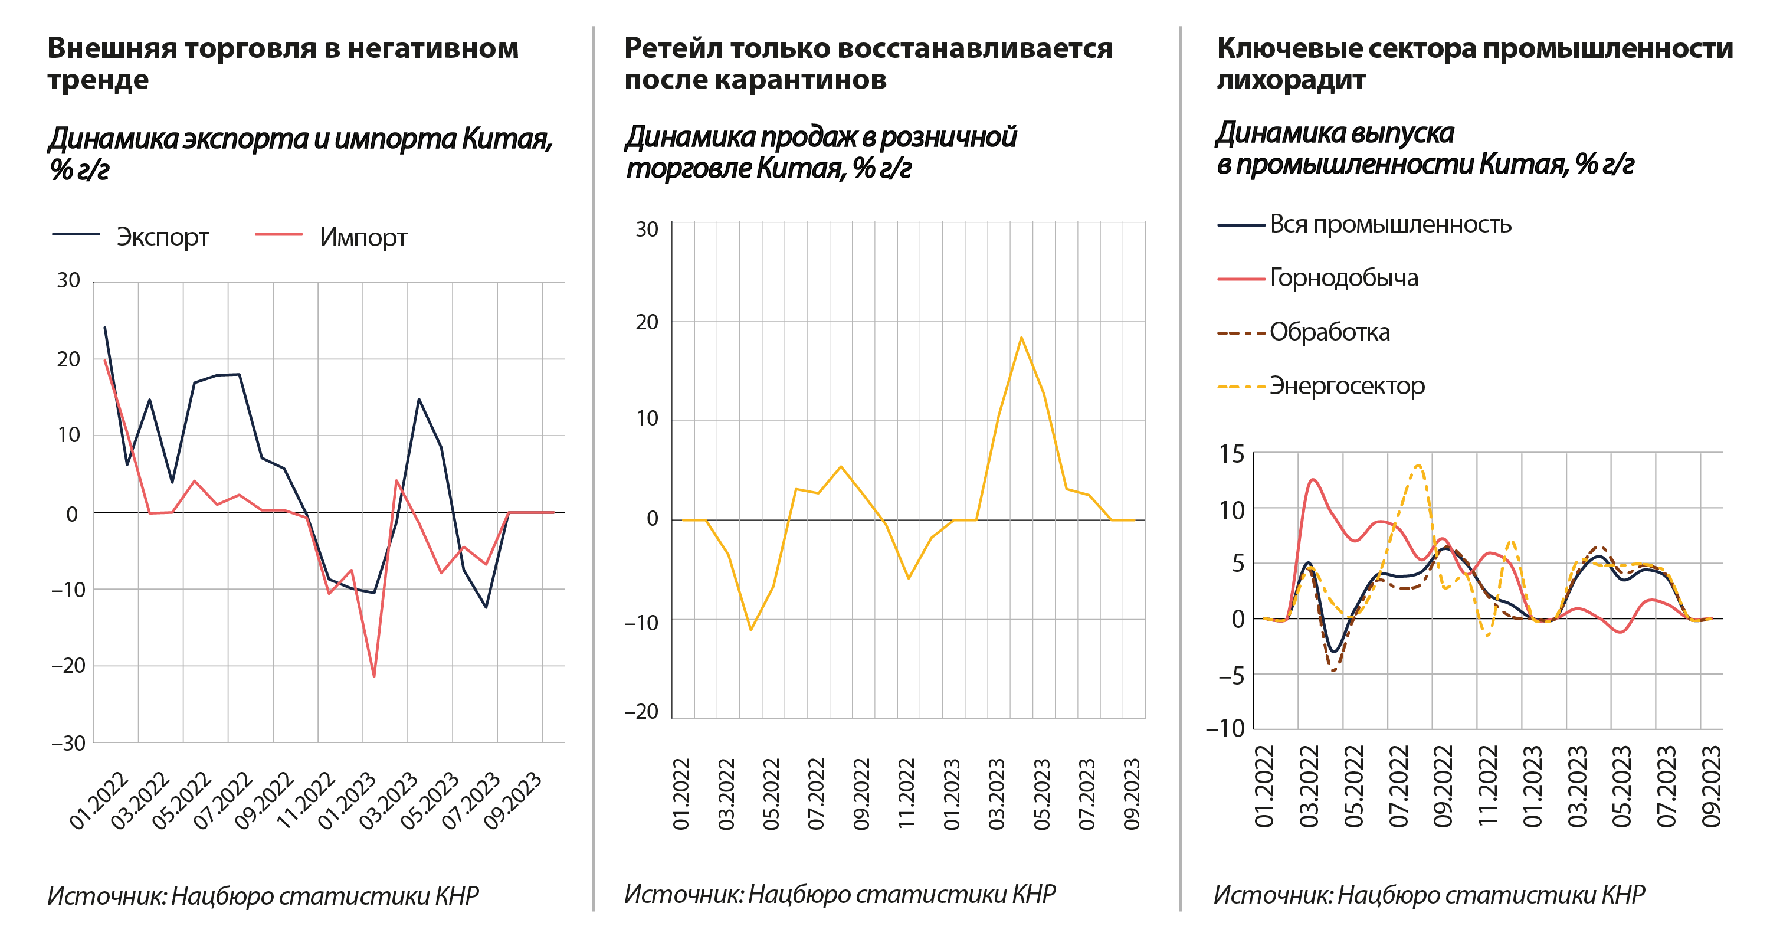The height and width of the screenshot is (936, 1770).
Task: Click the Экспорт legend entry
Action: [162, 237]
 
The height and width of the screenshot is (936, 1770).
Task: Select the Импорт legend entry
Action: [363, 238]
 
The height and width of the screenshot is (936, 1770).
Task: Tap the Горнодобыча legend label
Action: [1343, 279]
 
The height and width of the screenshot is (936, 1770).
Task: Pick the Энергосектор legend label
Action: [1347, 386]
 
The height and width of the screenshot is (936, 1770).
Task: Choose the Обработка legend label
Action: [1329, 333]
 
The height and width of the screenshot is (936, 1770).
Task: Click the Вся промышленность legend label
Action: [1390, 225]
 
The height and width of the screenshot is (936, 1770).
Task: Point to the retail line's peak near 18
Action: [1021, 337]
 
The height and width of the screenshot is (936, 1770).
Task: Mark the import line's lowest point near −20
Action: [374, 677]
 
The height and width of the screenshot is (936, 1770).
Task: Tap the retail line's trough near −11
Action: [750, 630]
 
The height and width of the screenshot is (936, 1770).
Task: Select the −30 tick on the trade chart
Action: [68, 743]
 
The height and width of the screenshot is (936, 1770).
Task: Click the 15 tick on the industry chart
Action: [1231, 454]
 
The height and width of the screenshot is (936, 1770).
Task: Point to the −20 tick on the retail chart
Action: [642, 712]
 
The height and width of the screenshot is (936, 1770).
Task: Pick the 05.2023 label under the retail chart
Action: [1043, 794]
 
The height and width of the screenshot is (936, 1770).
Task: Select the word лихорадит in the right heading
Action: [1290, 80]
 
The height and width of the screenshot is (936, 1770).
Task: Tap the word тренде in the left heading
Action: [99, 80]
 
